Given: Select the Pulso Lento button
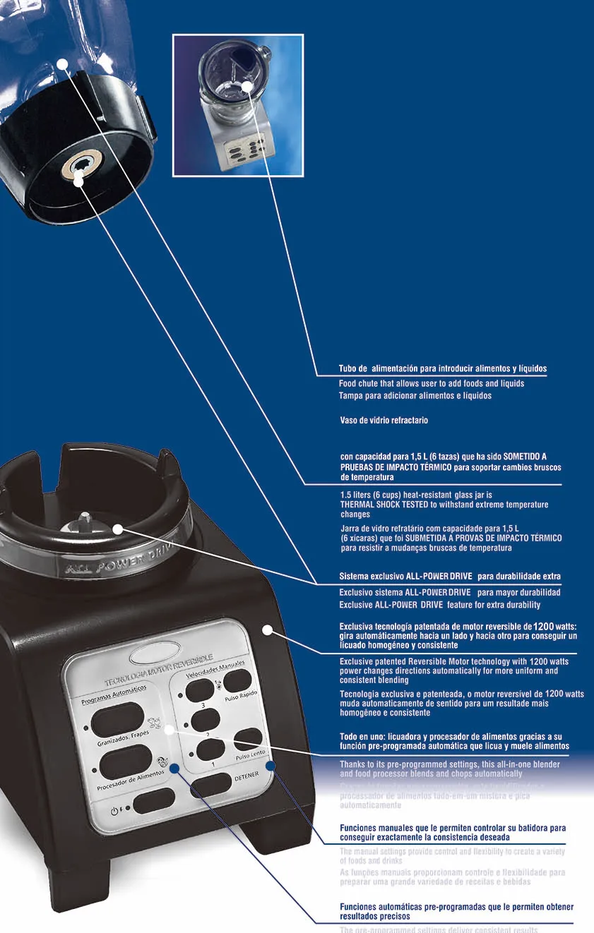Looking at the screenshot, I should click(x=248, y=740).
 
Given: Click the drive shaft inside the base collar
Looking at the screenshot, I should click(x=85, y=522).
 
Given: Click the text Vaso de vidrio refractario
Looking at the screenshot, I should click(x=384, y=420).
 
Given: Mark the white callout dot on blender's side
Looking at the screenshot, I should click(x=267, y=630).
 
